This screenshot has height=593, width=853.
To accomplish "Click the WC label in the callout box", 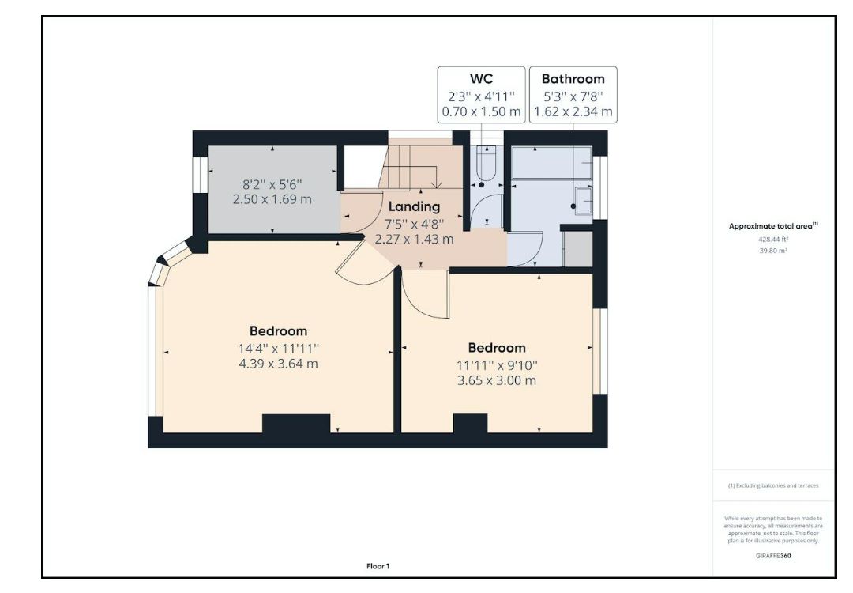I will click(481, 78).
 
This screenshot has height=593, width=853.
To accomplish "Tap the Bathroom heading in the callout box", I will click(573, 78).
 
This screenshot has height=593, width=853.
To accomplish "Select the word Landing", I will click(413, 206).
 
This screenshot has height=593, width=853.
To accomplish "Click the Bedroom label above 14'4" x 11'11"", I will click(278, 330).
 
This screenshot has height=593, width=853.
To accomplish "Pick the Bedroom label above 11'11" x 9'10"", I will click(496, 347).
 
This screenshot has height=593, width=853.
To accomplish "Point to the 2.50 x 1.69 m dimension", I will click(272, 198).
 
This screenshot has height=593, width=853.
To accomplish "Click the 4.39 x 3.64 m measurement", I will click(278, 364).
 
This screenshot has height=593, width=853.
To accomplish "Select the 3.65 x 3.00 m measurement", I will click(496, 380).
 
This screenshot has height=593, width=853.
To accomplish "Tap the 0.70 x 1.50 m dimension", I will click(481, 111).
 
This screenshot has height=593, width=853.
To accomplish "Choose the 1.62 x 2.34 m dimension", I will click(573, 111).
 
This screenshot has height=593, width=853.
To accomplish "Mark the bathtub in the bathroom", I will click(551, 163).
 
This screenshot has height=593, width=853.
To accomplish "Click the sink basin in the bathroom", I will click(585, 200).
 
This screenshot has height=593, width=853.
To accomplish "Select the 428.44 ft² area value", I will click(772, 238).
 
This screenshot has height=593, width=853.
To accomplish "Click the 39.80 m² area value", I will click(772, 250).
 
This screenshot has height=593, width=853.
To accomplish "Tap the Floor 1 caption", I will click(378, 566).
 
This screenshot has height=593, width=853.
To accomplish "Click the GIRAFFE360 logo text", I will click(772, 556).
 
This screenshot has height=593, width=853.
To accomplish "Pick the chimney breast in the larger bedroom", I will click(295, 423).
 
